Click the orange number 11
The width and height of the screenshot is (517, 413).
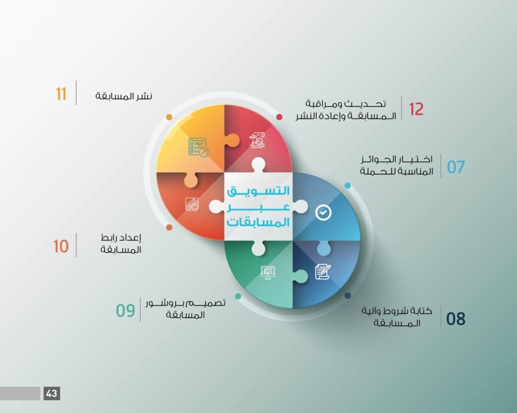pos(61,94)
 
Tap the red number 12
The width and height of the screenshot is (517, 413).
pos(416,109)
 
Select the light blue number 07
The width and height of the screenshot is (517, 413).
pos(456,167)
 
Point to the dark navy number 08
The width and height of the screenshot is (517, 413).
pos(456,319)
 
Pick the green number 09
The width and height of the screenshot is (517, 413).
pos(125,310)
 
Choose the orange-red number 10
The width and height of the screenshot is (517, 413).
pos(61,247)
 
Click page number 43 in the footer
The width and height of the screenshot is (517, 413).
pos(52,393)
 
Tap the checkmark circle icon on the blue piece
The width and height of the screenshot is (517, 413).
pos(324,212)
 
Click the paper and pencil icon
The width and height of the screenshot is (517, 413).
pos(323,272)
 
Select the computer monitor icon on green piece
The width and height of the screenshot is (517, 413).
pos(268,273)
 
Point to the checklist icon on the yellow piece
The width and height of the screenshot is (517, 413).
pos(198,147)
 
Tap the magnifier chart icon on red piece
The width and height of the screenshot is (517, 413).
pos(257,140)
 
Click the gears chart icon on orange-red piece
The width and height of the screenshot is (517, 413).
pos(192,204)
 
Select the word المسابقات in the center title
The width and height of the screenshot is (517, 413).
pos(258,222)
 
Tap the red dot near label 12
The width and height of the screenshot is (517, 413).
pos(279,117)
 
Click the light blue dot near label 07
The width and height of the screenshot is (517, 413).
pos(347,186)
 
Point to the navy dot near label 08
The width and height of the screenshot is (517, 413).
pos(347,296)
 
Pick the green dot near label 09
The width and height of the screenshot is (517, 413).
pos(238,296)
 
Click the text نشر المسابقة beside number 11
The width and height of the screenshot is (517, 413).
pos(124,96)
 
